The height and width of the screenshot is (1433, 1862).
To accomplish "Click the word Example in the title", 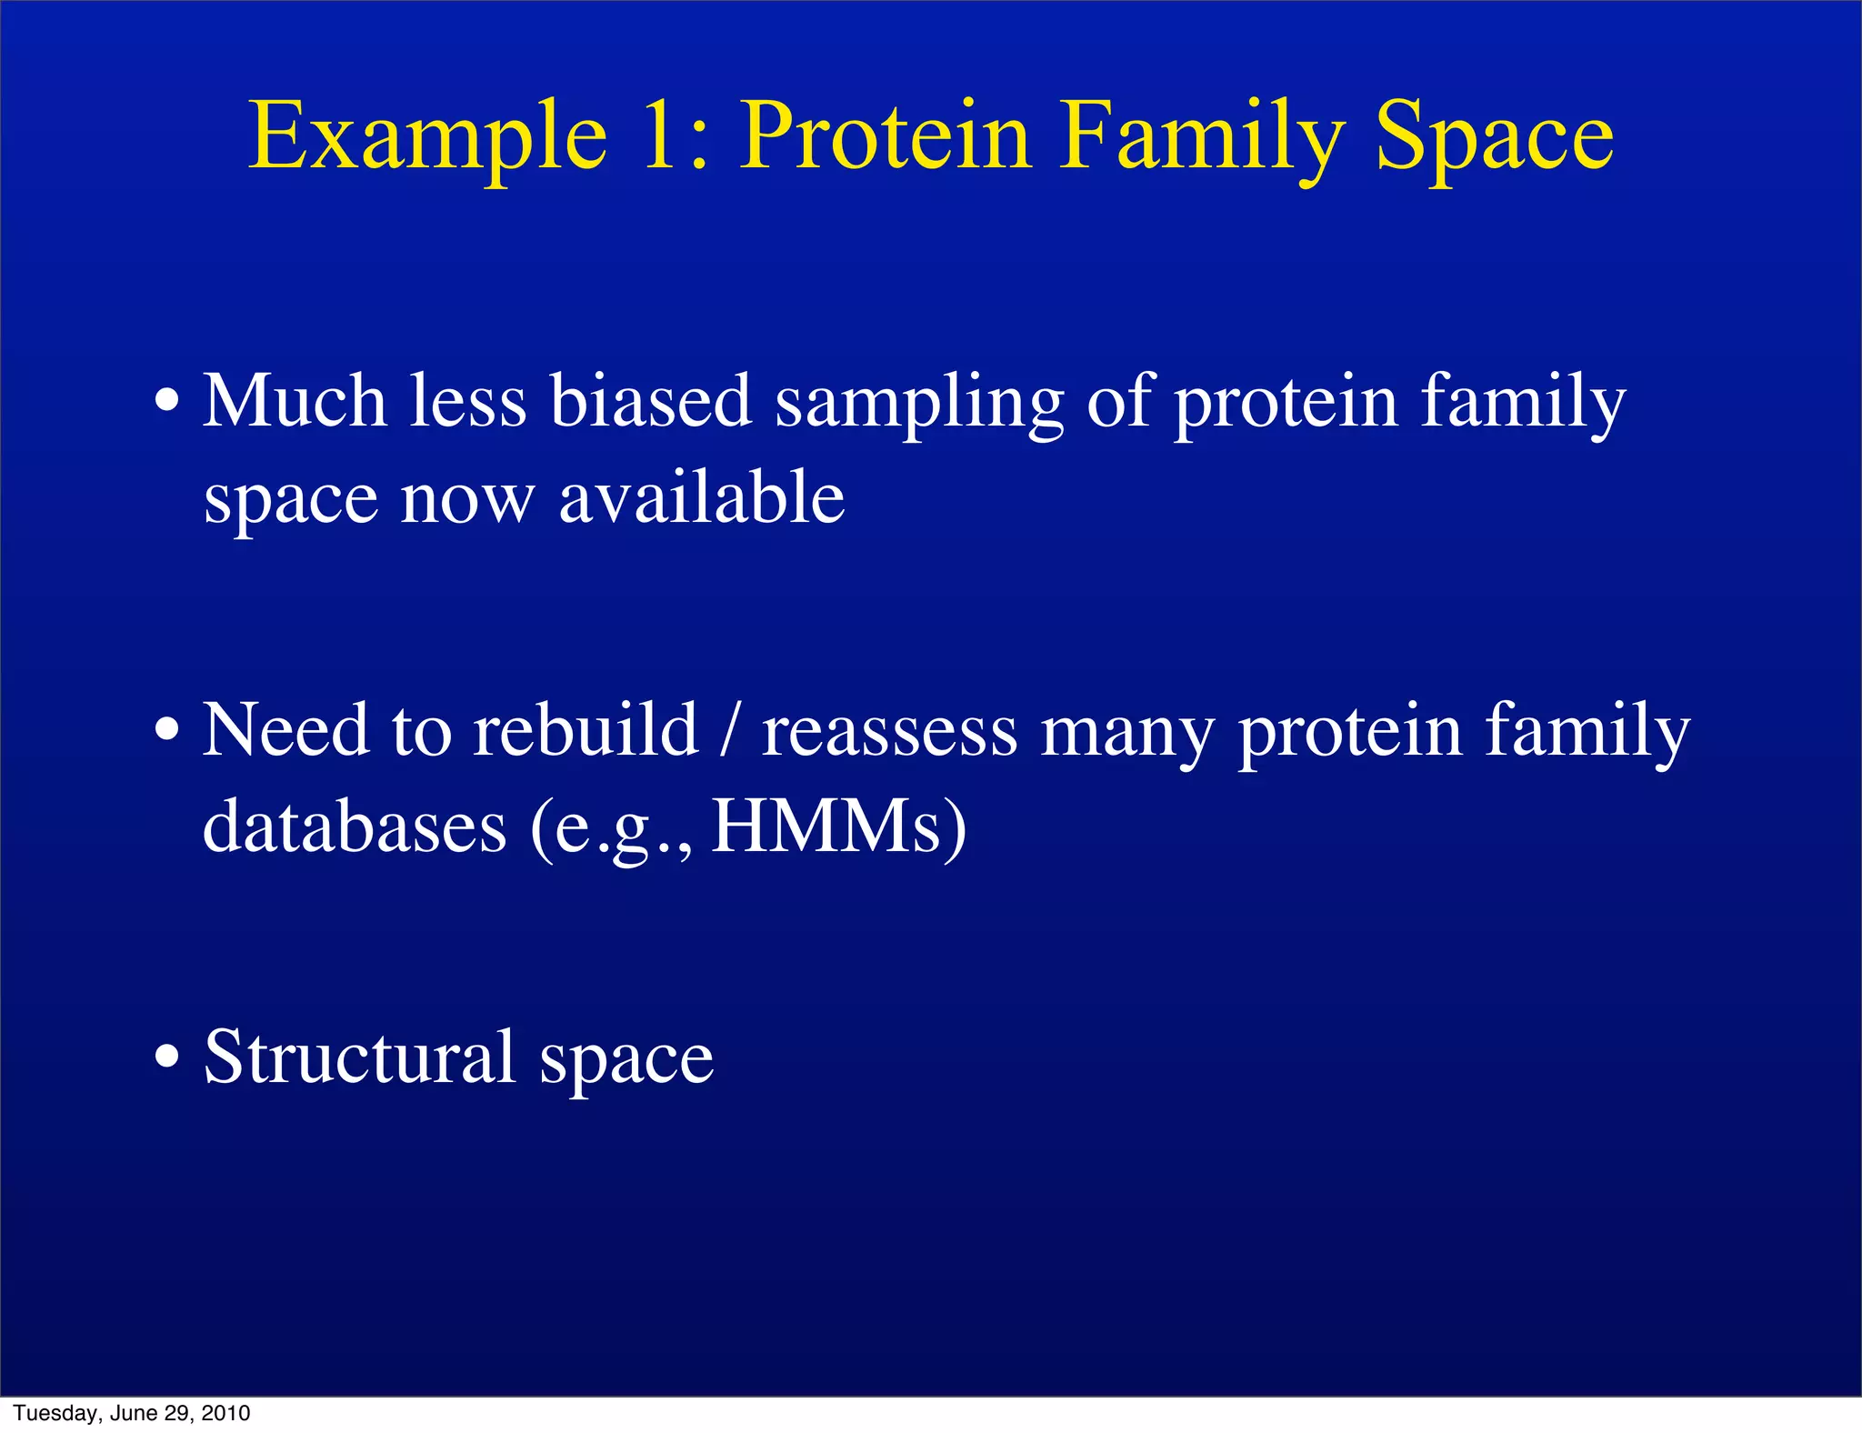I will pos(427,138).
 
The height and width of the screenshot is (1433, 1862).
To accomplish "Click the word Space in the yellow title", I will pos(1494,138).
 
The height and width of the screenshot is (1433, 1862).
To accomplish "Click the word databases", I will pos(355,827).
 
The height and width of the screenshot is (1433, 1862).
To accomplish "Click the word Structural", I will pos(360,1057).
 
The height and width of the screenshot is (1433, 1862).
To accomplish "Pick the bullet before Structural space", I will pos(166,1058).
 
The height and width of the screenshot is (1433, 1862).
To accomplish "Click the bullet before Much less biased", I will pos(166,401).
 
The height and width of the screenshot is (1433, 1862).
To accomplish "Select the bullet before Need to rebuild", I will pos(166,730).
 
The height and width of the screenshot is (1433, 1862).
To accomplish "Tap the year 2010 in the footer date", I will pos(225,1413).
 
